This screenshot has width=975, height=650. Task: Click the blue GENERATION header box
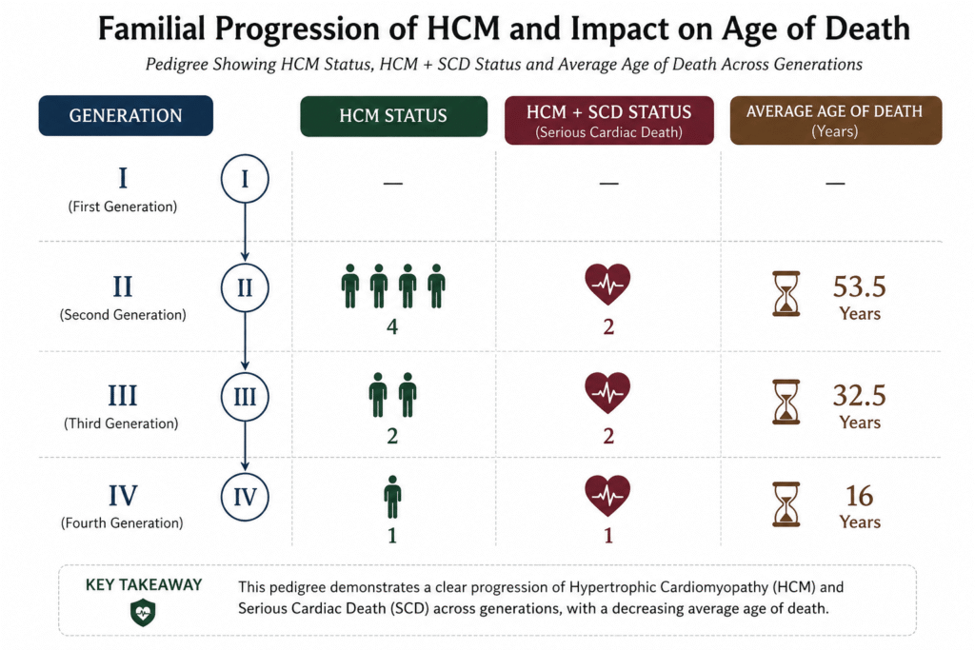click(x=126, y=115)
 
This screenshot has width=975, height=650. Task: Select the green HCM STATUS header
click(x=393, y=116)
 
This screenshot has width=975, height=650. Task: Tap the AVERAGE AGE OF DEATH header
click(x=836, y=120)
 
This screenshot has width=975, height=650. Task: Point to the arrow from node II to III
click(x=245, y=341)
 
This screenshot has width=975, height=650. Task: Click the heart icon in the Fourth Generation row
click(x=607, y=495)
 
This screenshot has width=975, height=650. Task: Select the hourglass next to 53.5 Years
click(x=786, y=293)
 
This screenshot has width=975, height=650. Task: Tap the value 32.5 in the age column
click(x=860, y=395)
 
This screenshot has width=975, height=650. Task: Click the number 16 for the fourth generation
click(x=860, y=496)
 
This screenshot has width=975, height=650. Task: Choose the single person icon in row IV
click(x=392, y=497)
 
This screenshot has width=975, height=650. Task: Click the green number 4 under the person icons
click(x=392, y=326)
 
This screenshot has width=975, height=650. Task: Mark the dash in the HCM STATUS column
click(x=393, y=184)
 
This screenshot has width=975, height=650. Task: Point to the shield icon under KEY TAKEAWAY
click(x=143, y=613)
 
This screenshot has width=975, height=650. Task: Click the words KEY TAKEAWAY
click(x=144, y=584)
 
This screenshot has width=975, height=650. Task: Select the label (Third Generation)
click(x=121, y=423)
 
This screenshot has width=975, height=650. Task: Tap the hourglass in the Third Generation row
click(x=786, y=402)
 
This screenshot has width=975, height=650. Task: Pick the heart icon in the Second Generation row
click(x=607, y=284)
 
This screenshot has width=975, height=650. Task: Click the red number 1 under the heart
click(x=608, y=536)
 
